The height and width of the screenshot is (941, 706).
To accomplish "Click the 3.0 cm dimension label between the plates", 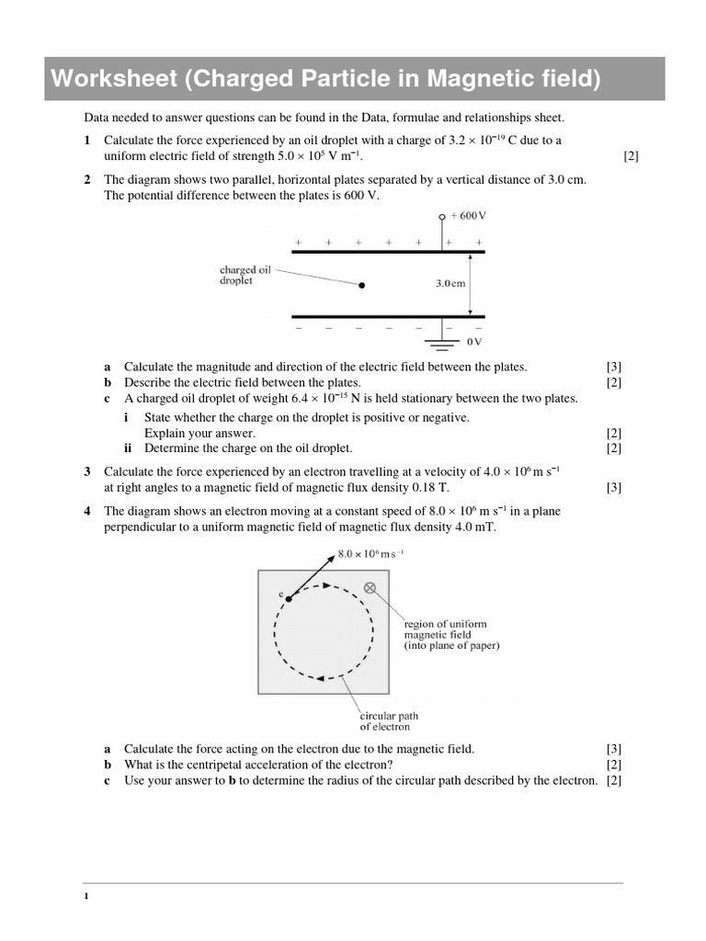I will click(x=450, y=284).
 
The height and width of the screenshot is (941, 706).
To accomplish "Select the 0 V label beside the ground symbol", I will click(x=474, y=342).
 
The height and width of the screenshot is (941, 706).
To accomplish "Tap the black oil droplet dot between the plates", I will click(x=361, y=286).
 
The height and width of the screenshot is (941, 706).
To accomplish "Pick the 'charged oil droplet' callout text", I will click(x=245, y=275).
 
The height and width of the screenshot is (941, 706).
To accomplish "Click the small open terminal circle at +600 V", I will click(x=442, y=216).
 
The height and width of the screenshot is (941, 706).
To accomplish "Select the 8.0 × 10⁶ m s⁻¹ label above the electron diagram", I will click(x=370, y=555).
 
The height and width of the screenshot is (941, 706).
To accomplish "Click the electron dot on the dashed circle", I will click(x=289, y=598).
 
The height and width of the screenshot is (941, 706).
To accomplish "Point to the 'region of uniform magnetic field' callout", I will click(x=451, y=635).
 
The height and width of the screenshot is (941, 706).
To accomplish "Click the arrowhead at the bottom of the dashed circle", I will click(x=321, y=678).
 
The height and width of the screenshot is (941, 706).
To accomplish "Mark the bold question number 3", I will click(x=86, y=471).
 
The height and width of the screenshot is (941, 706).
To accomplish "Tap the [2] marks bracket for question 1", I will click(x=631, y=155).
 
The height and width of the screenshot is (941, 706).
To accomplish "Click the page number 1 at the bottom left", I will click(x=85, y=897).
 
